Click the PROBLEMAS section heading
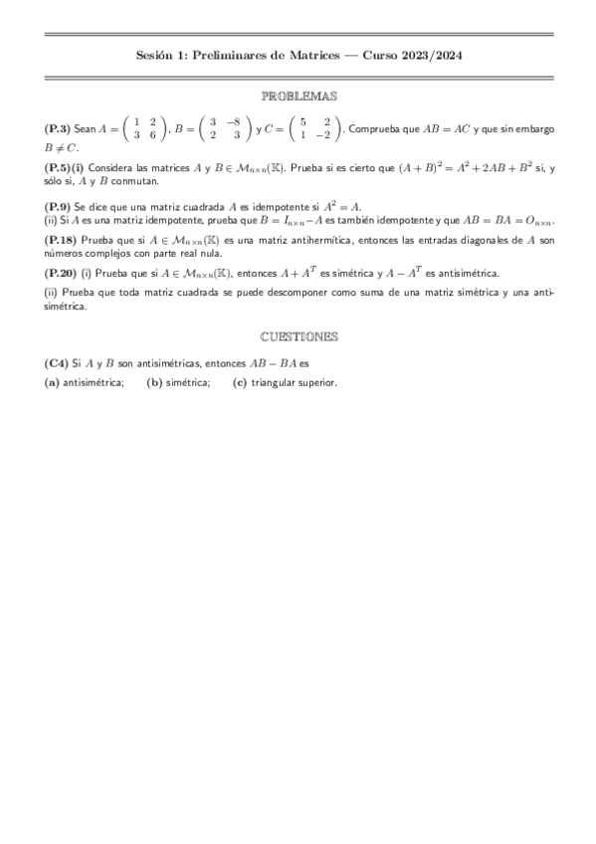pyautogui.click(x=298, y=97)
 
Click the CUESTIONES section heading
pyautogui.click(x=298, y=336)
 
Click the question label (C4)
pyautogui.click(x=57, y=364)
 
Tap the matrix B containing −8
pyautogui.click(x=224, y=129)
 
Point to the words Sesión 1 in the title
pyautogui.click(x=158, y=57)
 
